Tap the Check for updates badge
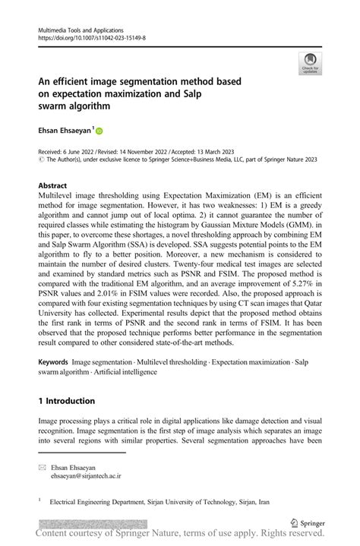[310, 64]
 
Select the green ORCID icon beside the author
[98, 131]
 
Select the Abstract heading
[54, 185]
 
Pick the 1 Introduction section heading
[67, 400]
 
